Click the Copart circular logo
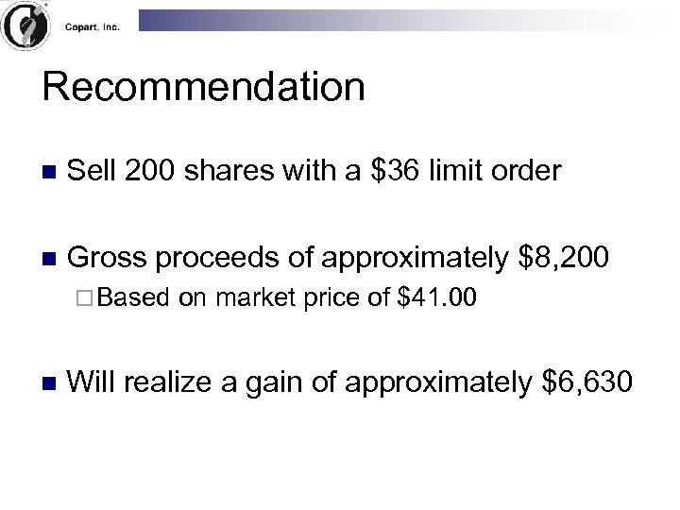(25, 27)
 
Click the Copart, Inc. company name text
(93, 27)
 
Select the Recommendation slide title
(203, 88)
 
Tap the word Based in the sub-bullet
(134, 298)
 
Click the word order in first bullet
(527, 171)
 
